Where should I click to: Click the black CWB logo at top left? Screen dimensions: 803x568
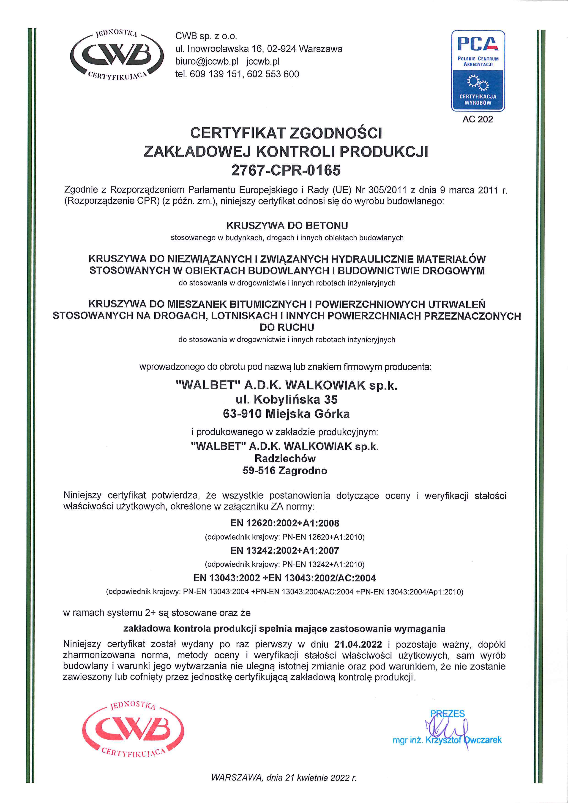coord(117,54)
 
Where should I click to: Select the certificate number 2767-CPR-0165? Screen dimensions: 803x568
coord(286,170)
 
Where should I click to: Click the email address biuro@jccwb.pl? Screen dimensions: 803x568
coord(207,62)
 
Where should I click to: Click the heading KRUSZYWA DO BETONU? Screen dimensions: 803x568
coord(287,225)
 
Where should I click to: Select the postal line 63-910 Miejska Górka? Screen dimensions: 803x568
coord(286,414)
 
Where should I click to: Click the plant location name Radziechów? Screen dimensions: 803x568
coord(285,458)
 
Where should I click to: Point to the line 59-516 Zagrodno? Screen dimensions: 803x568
coord(285,471)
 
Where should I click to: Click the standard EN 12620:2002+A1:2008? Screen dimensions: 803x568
coord(284,523)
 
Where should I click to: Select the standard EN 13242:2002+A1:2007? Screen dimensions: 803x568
coord(284,551)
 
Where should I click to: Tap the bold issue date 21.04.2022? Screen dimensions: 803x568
coord(358,644)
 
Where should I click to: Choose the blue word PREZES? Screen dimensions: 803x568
coord(447,714)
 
